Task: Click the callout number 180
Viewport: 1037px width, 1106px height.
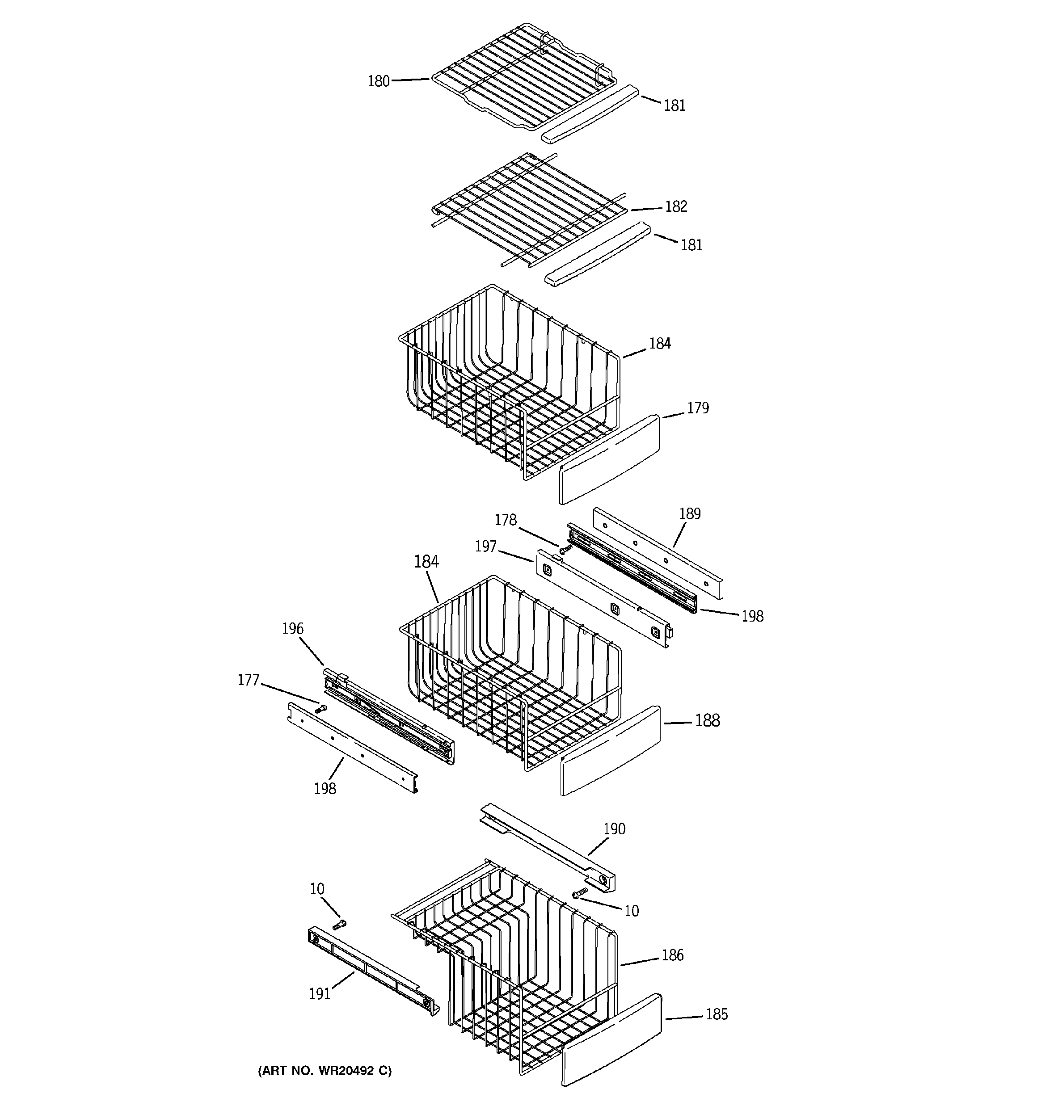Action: point(378,81)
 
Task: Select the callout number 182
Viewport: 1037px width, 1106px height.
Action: point(676,206)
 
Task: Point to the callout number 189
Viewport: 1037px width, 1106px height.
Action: point(689,513)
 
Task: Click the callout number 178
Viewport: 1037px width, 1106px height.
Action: point(506,520)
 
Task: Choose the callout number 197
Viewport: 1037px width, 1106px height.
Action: point(485,547)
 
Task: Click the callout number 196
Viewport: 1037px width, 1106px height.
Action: point(292,629)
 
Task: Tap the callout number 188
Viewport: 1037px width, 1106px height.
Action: point(707,720)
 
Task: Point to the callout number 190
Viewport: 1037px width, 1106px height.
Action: point(614,829)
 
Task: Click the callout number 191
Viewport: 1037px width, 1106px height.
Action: point(320,994)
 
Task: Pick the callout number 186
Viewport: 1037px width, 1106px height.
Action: point(672,955)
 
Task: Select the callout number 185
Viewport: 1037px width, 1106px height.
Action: point(717,1014)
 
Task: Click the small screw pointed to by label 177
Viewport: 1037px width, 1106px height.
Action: point(320,709)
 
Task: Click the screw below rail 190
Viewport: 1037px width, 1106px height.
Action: point(580,892)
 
